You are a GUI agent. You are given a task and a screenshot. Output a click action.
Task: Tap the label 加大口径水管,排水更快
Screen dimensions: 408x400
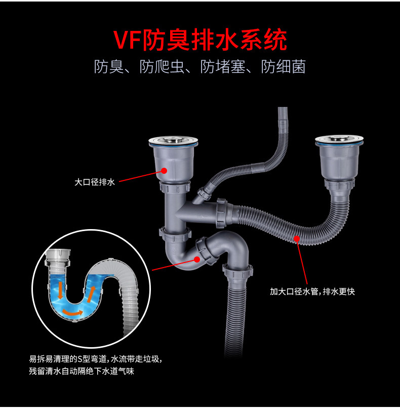point(312,291)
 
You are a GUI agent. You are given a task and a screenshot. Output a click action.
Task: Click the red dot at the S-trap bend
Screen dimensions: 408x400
point(196,259)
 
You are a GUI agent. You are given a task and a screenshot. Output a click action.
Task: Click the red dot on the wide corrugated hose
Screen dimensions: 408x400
point(297,236)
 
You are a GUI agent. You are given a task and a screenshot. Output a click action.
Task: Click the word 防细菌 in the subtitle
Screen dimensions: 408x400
point(284,67)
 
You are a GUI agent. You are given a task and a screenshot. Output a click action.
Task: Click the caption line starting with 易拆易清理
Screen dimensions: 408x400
point(96,359)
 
